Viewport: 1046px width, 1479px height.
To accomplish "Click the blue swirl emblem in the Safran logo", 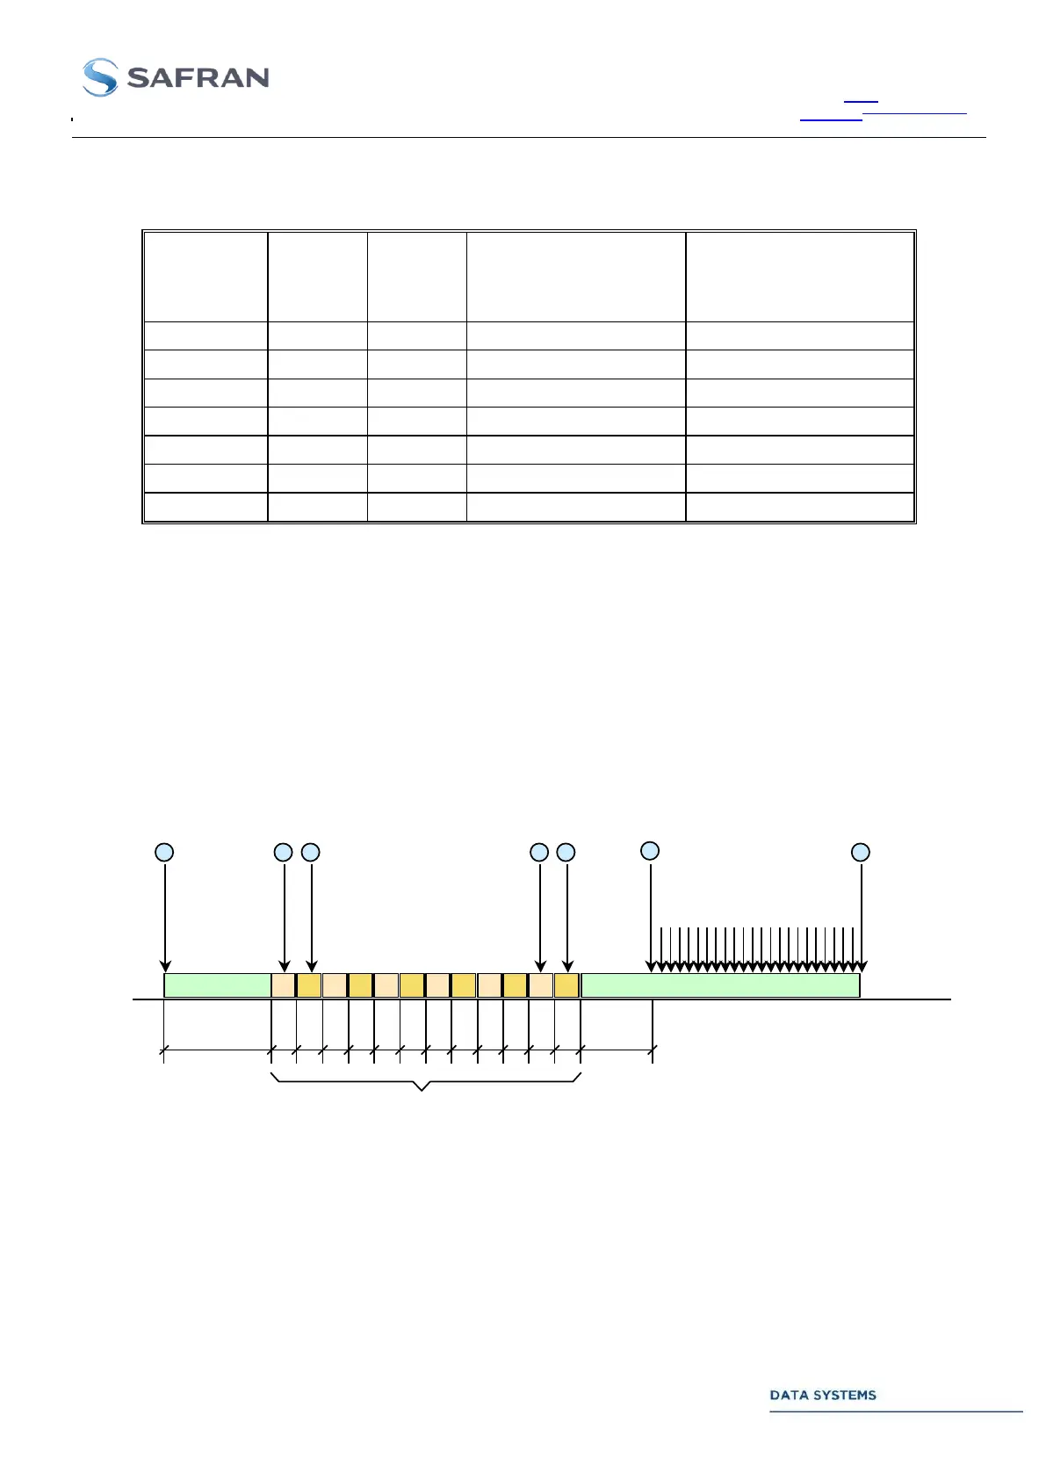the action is point(99,77).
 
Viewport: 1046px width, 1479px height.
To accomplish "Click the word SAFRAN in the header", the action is point(198,78).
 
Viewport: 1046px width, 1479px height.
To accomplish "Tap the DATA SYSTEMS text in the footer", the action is point(823,1396).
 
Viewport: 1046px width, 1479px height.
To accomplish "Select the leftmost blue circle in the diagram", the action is point(164,852).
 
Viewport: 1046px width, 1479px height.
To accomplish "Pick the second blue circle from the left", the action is point(283,852).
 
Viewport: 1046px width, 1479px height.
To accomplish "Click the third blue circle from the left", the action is point(310,852).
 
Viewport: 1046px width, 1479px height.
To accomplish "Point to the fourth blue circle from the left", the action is point(539,852).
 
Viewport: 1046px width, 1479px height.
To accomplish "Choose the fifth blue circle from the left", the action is point(566,852).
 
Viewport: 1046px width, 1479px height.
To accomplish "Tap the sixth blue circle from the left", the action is point(650,850).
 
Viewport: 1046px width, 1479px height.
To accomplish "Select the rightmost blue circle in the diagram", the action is point(861,852).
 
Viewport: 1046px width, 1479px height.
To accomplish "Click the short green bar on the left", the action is point(217,985).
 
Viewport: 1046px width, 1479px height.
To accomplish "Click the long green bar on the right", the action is point(720,985).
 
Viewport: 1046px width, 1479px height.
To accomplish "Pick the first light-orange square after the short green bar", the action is point(283,985).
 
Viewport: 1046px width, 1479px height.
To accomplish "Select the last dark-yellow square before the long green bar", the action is point(566,985).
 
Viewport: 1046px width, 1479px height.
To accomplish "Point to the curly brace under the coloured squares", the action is point(423,1084).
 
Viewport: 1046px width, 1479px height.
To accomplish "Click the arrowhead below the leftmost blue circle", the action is point(165,967).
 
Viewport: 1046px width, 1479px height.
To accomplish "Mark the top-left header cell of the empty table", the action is point(206,277).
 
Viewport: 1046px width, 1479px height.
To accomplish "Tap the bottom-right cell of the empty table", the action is point(799,508).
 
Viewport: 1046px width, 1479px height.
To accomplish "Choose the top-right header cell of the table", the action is point(799,277).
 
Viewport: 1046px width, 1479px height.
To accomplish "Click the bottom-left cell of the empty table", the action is point(206,508).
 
